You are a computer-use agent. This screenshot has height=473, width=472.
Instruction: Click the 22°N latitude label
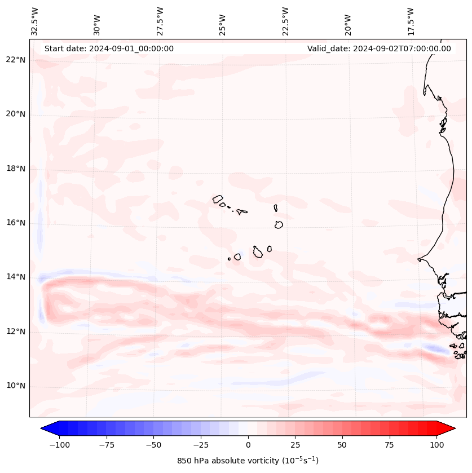tap(16, 60)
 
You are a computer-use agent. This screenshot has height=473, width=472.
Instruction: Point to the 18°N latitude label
tap(16, 169)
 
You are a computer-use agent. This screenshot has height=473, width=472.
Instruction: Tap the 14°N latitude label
tap(16, 277)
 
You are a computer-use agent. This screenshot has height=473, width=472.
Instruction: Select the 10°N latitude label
tap(16, 386)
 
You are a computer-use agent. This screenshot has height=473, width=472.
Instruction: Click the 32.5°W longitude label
tap(36, 21)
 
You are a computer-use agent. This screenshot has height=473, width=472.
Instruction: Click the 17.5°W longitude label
tap(411, 21)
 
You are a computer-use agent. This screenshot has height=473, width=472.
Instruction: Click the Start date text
tap(109, 48)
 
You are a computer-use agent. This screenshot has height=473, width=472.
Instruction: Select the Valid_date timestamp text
tap(379, 48)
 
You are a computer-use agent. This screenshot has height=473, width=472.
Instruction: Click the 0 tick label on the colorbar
tap(248, 445)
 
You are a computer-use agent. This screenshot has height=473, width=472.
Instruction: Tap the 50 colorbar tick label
tap(342, 445)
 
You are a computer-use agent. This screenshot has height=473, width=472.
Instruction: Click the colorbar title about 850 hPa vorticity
tap(248, 461)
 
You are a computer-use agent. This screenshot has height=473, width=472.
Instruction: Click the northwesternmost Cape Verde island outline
tap(218, 198)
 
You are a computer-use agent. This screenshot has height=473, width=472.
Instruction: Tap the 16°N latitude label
tap(16, 223)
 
